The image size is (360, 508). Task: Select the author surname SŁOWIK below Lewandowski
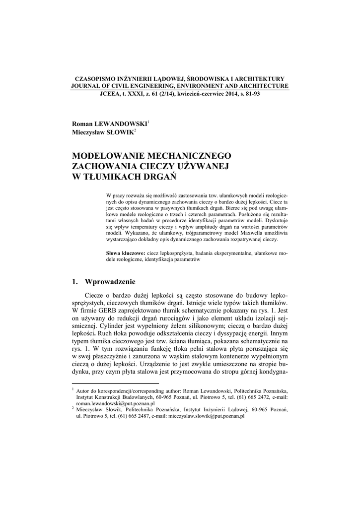[116, 131]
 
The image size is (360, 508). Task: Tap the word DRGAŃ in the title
[160, 176]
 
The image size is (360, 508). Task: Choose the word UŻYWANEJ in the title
[205, 166]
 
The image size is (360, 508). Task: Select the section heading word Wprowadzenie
[110, 282]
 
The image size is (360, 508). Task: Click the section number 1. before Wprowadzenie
[75, 282]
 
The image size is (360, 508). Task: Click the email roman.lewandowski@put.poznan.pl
[112, 403]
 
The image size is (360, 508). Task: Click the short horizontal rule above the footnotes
[115, 383]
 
